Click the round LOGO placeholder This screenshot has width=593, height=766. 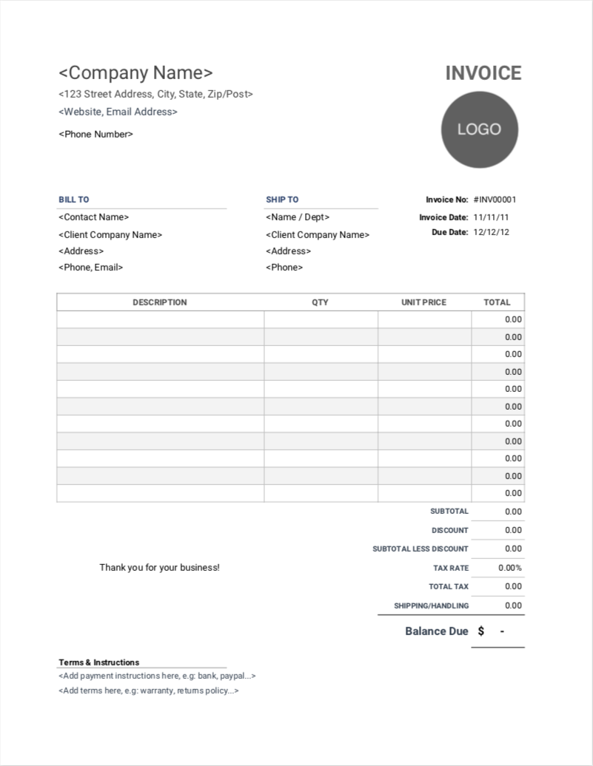click(x=480, y=129)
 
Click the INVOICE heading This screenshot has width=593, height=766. click(x=483, y=73)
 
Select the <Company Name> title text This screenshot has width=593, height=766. click(x=135, y=73)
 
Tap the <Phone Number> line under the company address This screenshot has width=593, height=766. click(x=96, y=135)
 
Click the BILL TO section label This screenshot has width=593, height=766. click(x=74, y=200)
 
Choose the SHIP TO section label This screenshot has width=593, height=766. click(x=282, y=200)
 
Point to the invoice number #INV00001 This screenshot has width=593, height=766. click(x=495, y=200)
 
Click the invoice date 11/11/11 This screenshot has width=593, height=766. click(x=491, y=217)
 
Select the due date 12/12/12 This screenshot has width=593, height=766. click(x=491, y=232)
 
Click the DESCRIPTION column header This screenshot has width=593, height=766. click(x=160, y=302)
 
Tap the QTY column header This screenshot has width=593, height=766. click(x=320, y=302)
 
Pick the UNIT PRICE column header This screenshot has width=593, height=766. click(x=423, y=302)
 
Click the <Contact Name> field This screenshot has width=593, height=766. click(x=93, y=217)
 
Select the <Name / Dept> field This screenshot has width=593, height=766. click(x=298, y=217)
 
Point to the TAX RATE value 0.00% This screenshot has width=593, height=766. click(x=510, y=568)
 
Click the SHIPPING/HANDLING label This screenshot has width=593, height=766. click(x=431, y=606)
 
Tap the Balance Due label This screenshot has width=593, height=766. click(x=437, y=631)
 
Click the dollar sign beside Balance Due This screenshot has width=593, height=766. click(x=481, y=631)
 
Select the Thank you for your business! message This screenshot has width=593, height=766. click(x=159, y=568)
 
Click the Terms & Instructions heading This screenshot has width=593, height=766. click(x=98, y=662)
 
